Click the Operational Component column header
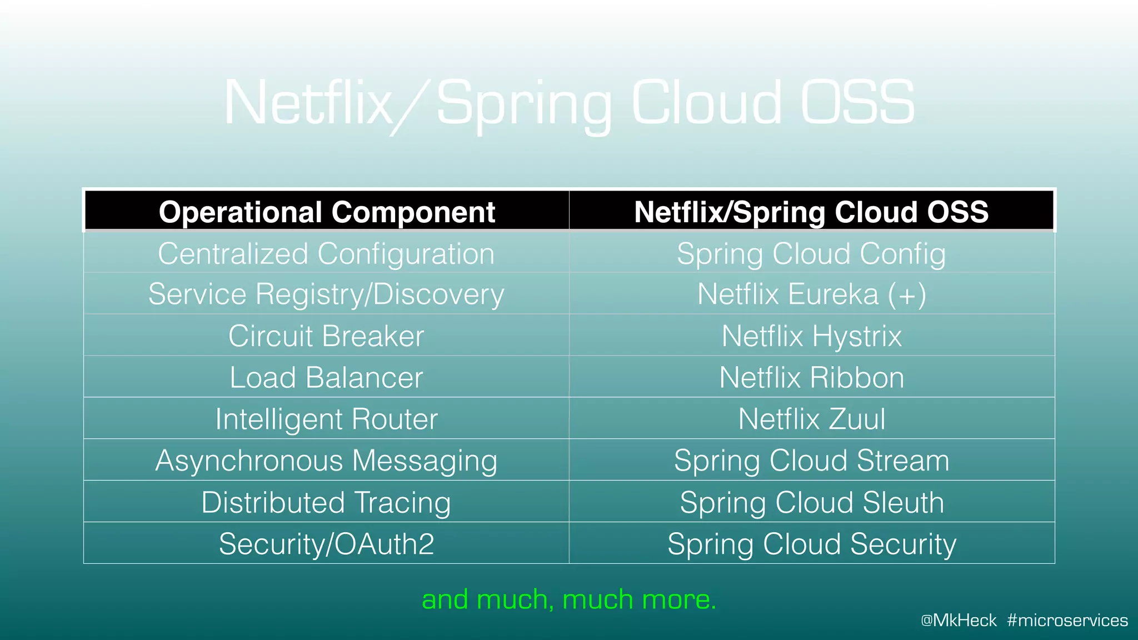[327, 212]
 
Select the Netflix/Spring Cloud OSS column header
[811, 212]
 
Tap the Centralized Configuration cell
[326, 254]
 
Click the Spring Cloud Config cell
[811, 254]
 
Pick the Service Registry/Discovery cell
[326, 294]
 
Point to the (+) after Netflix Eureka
[907, 294]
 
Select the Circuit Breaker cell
[326, 336]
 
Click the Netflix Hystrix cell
[811, 336]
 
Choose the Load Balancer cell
[326, 378]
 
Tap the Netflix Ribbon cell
[811, 378]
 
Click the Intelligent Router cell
[326, 419]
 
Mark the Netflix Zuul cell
[811, 419]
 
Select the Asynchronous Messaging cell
[326, 461]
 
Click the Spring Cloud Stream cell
[811, 461]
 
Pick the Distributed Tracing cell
[326, 502]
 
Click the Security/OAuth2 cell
[326, 544]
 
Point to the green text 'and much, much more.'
[569, 599]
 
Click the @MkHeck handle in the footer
[959, 620]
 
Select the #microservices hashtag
[1067, 620]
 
